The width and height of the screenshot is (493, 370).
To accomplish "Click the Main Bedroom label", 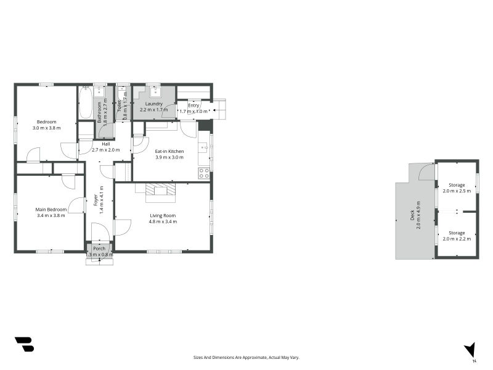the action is (x=51, y=210).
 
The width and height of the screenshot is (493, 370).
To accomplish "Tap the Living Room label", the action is (x=163, y=215).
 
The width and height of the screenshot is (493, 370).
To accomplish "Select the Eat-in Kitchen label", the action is (x=169, y=151).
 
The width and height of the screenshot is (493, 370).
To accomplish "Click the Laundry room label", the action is (x=153, y=104).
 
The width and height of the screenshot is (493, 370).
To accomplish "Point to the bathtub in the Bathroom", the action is (x=85, y=102).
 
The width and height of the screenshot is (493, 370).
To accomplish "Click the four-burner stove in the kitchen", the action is (x=204, y=173).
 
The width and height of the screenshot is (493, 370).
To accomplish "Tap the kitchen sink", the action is (x=204, y=147).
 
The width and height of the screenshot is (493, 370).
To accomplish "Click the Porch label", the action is (x=99, y=249).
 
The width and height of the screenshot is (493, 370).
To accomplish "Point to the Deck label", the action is (x=412, y=215).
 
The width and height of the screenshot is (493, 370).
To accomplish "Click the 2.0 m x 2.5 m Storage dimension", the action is (x=457, y=191).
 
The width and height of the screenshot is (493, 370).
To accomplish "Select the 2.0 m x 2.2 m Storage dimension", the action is (x=457, y=239).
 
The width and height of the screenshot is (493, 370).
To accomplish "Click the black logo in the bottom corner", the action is (x=25, y=344).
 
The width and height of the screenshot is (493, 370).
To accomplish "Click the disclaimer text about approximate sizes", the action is (x=246, y=358).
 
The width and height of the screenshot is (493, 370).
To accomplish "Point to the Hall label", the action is (x=106, y=144).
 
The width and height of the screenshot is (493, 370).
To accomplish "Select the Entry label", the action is (x=194, y=105).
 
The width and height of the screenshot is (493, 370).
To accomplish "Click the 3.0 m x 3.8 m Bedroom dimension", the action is (x=47, y=128).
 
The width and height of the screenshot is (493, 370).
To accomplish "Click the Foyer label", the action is (x=96, y=200).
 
